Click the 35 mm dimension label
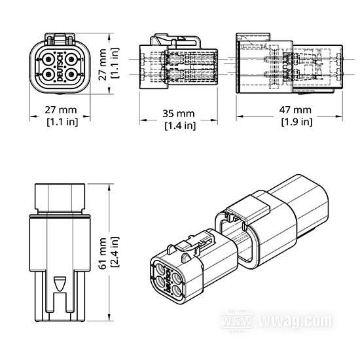point(179,114)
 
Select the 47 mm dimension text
point(295,110)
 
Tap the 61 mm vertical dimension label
point(102,253)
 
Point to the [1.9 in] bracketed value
point(297,122)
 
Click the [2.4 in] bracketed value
point(115,252)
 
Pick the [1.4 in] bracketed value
point(180,126)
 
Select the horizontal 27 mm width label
point(61,110)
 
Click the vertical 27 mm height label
point(102,65)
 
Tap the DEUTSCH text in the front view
point(60,67)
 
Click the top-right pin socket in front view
point(71,60)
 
